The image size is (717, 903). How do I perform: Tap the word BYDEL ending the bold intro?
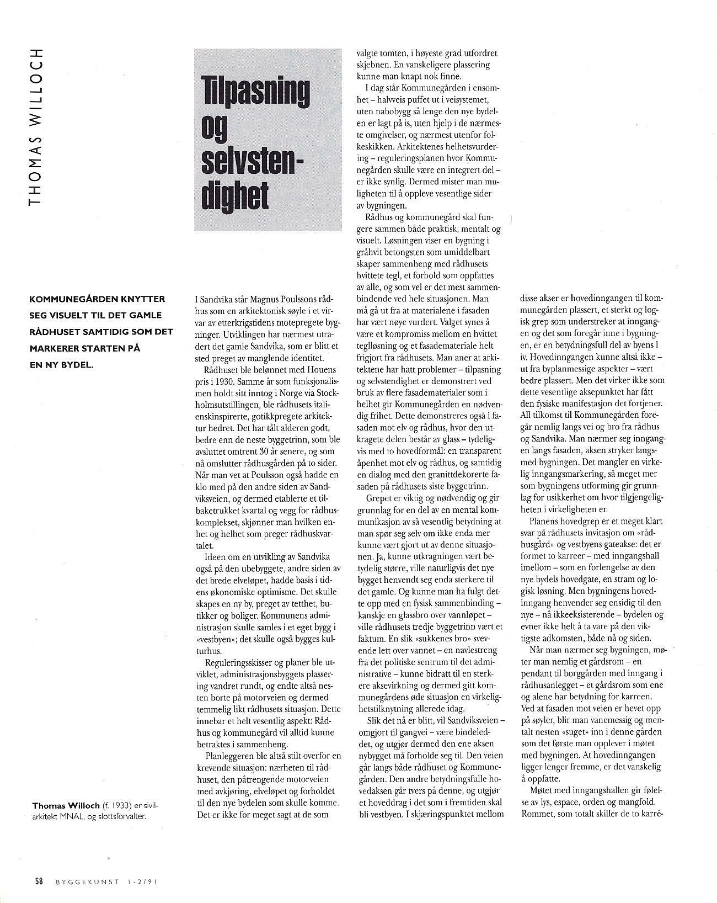[x=75, y=365]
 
